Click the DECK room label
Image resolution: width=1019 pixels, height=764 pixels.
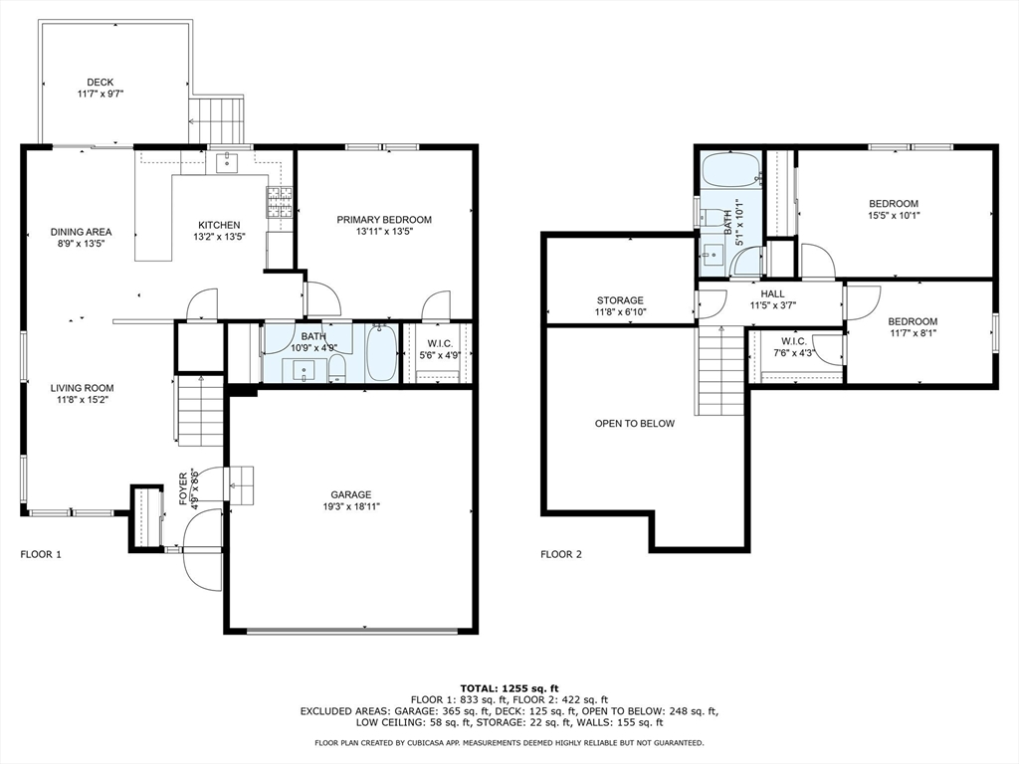[101, 82]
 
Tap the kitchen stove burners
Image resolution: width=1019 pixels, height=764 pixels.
[279, 202]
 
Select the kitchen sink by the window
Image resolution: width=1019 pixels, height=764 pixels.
[226, 162]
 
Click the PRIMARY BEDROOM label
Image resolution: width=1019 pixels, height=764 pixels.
[384, 220]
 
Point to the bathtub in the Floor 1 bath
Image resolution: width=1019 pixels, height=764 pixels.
[381, 353]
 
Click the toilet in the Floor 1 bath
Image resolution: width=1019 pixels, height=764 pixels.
[337, 370]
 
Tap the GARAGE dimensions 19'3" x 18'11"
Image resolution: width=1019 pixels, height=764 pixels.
[351, 506]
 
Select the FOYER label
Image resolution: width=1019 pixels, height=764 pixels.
[183, 488]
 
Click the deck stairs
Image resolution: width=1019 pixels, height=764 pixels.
[216, 120]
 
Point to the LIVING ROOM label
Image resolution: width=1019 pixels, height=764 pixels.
[82, 388]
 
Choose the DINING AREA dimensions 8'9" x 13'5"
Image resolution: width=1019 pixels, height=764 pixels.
[82, 244]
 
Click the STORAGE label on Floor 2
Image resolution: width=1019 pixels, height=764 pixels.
[620, 300]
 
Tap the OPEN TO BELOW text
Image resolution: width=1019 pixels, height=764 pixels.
[635, 424]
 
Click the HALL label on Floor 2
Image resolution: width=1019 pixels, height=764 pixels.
[772, 293]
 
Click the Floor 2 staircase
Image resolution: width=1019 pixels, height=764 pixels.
[721, 370]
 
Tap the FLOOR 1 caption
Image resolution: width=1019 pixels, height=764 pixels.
[41, 554]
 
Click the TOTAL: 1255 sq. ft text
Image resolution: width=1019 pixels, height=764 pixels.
[509, 688]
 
